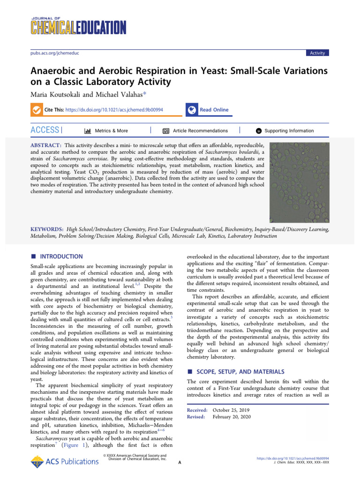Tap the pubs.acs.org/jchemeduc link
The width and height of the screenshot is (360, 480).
coord(51,53)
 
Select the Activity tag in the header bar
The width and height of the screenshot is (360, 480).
coord(317,53)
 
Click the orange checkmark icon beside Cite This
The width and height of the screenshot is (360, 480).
coord(36,110)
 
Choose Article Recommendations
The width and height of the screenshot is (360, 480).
coord(200,131)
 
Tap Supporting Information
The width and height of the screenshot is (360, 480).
coord(289,131)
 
